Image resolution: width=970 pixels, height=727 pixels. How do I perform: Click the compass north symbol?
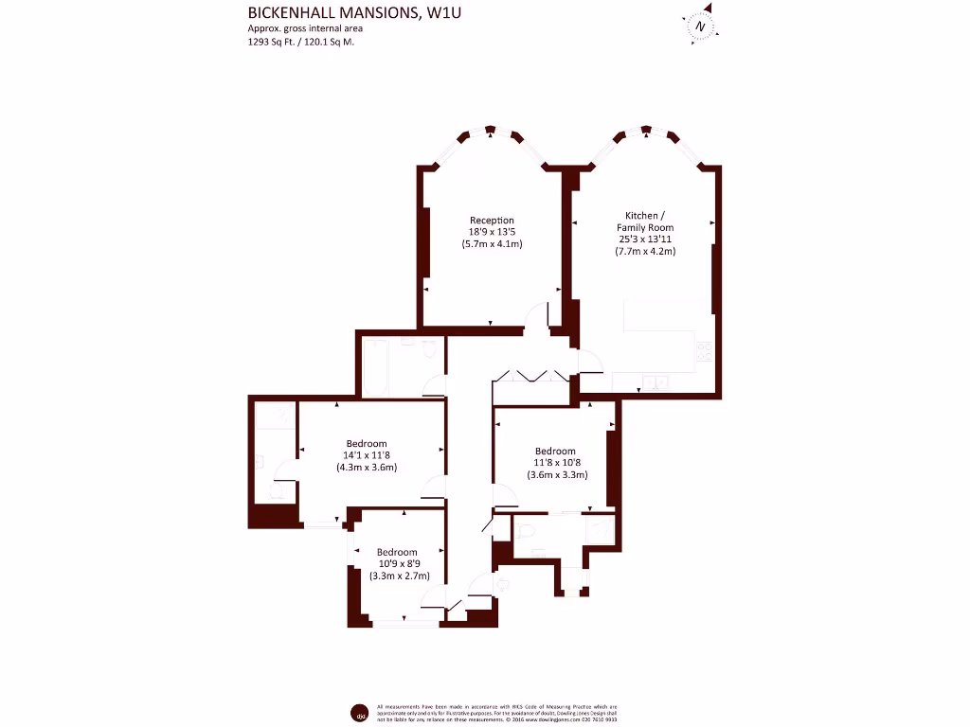click(x=699, y=27)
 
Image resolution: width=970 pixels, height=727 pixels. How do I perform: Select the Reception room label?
click(x=492, y=221)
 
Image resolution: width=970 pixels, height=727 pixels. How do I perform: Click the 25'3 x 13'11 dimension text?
click(x=645, y=239)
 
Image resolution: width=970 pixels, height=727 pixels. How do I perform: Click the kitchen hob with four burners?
click(x=704, y=351)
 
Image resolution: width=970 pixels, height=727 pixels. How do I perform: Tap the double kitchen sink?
click(x=654, y=383)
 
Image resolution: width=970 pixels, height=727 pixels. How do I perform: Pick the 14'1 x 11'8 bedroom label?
click(x=366, y=455)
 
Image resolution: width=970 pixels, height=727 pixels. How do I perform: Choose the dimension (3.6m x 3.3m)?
click(x=557, y=475)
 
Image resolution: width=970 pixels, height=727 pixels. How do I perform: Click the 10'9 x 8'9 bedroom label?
click(x=396, y=564)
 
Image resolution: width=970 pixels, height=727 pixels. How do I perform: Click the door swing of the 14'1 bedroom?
click(x=432, y=487)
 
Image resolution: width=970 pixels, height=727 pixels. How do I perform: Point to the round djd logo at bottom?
click(x=359, y=711)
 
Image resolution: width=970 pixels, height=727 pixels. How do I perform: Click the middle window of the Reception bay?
click(x=490, y=130)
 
